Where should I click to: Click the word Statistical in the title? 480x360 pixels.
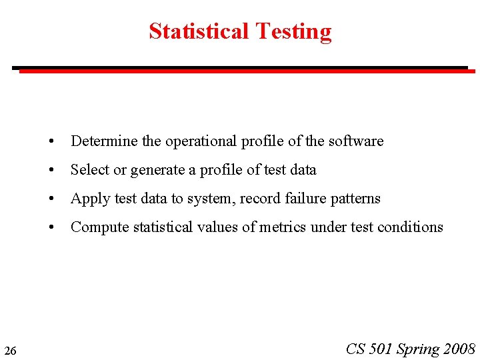[199, 31]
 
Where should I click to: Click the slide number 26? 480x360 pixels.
[10, 350]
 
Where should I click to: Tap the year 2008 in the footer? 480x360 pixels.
[459, 349]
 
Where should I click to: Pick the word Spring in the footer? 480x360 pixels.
[418, 349]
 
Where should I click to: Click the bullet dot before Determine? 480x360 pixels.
[51, 142]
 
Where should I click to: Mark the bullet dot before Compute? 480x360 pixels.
[51, 228]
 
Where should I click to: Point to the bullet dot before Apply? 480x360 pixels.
[51, 199]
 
